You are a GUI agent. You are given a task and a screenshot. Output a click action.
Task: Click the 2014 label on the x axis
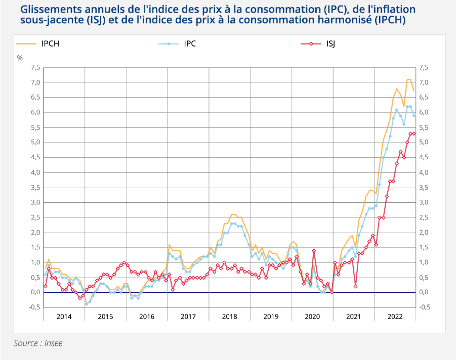64,317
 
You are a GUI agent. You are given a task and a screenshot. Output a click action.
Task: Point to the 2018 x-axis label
229,317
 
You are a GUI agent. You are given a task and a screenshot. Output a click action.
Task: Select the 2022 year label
395,317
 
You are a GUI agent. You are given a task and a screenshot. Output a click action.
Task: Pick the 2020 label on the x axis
312,317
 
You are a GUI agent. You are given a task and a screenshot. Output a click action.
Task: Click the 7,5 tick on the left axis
35,67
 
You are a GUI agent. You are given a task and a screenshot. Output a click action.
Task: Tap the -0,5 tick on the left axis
34,307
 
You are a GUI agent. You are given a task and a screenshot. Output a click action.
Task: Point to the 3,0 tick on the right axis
424,202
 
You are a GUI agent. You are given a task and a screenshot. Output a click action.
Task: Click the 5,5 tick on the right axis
424,127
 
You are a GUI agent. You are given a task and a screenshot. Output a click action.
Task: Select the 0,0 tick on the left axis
35,292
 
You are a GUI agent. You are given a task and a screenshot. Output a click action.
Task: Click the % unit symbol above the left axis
20,58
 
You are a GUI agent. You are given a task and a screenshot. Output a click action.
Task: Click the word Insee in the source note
53,343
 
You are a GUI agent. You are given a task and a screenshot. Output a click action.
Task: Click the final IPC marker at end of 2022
414,116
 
